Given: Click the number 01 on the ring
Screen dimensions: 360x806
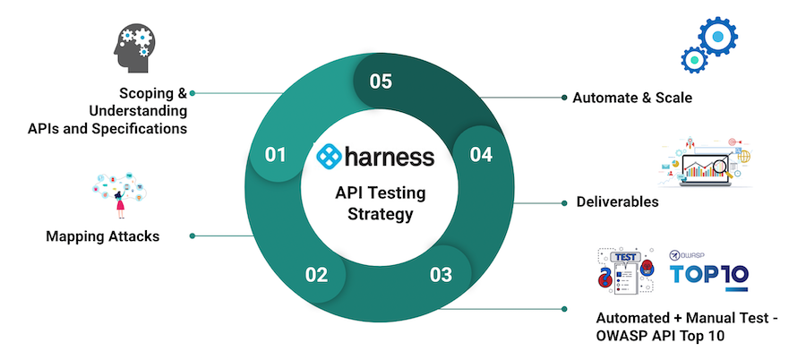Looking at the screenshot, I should pos(275,155).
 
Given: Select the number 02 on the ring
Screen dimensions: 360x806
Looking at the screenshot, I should pos(316,274).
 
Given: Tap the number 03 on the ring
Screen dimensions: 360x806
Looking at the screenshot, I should pos(441,274).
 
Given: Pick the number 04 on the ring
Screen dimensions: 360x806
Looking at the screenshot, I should pos(481,155).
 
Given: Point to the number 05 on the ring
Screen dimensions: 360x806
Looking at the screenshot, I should pos(381,81).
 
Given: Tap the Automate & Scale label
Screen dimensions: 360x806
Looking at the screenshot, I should pos(632,97).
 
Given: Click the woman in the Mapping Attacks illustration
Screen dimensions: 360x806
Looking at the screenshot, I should pos(120,202).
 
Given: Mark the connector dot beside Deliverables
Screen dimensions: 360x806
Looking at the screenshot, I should pos(563,202).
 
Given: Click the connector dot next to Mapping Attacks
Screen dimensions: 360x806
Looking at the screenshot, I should pos(193,236).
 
